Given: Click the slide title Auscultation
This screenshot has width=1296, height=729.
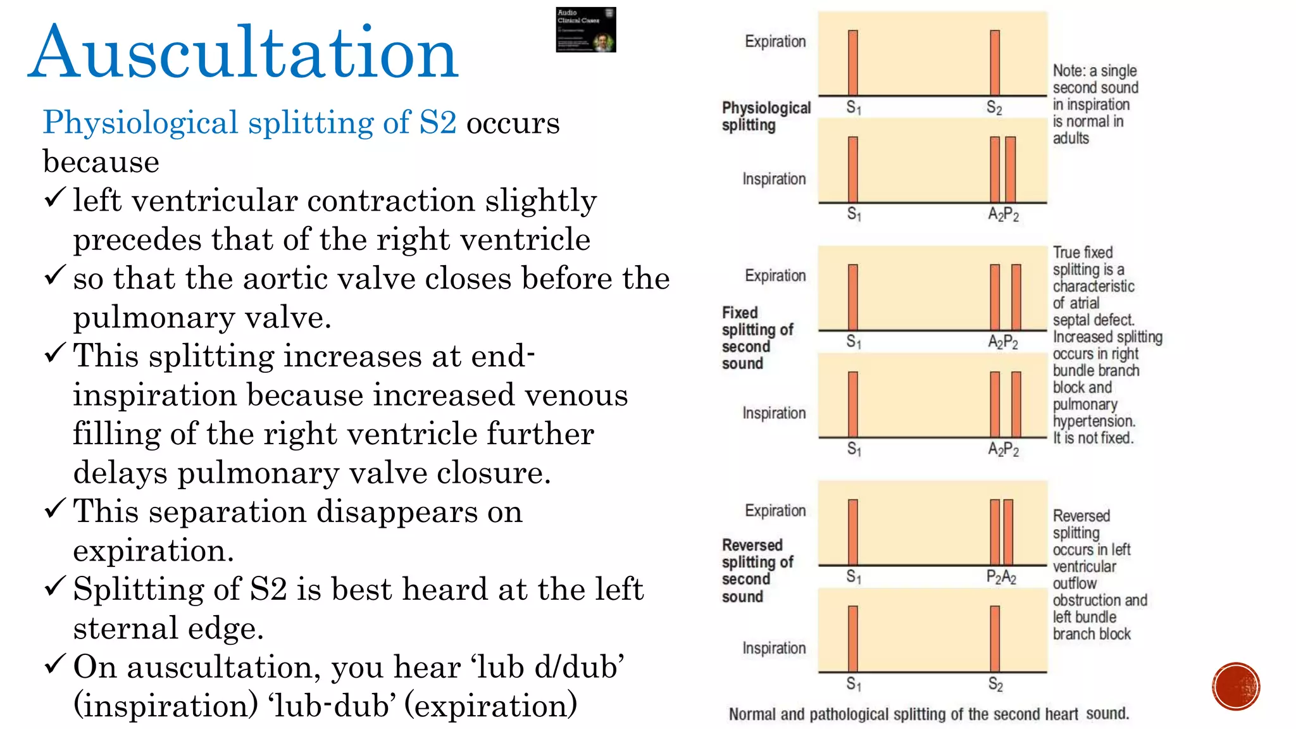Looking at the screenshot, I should click(243, 53).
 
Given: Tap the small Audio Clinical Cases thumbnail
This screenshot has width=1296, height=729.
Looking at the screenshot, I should click(585, 30).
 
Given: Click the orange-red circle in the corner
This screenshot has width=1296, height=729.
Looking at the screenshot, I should click(1236, 687).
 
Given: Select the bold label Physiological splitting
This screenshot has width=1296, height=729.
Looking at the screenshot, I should click(766, 116).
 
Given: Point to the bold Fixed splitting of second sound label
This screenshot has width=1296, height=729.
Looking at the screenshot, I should click(757, 338).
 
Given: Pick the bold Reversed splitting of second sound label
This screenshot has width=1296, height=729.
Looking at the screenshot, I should click(757, 571).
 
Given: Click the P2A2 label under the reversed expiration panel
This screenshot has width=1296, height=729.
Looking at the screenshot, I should click(1001, 577).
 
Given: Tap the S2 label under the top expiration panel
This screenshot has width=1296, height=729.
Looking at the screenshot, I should click(994, 108).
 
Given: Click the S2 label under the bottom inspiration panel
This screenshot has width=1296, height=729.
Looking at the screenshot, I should click(995, 685).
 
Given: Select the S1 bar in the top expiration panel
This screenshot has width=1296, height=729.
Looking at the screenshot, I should click(853, 63).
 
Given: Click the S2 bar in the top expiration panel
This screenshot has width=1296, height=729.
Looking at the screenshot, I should click(995, 63).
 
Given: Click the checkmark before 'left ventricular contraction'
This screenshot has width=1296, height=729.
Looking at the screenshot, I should click(55, 198).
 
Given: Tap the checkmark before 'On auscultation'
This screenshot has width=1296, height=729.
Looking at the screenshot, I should click(55, 664).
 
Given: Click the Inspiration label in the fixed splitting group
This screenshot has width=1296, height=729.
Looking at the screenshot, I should click(774, 413).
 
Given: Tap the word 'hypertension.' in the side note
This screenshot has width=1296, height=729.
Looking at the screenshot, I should click(1094, 421).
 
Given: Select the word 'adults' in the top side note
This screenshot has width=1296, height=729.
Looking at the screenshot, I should click(1071, 139).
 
